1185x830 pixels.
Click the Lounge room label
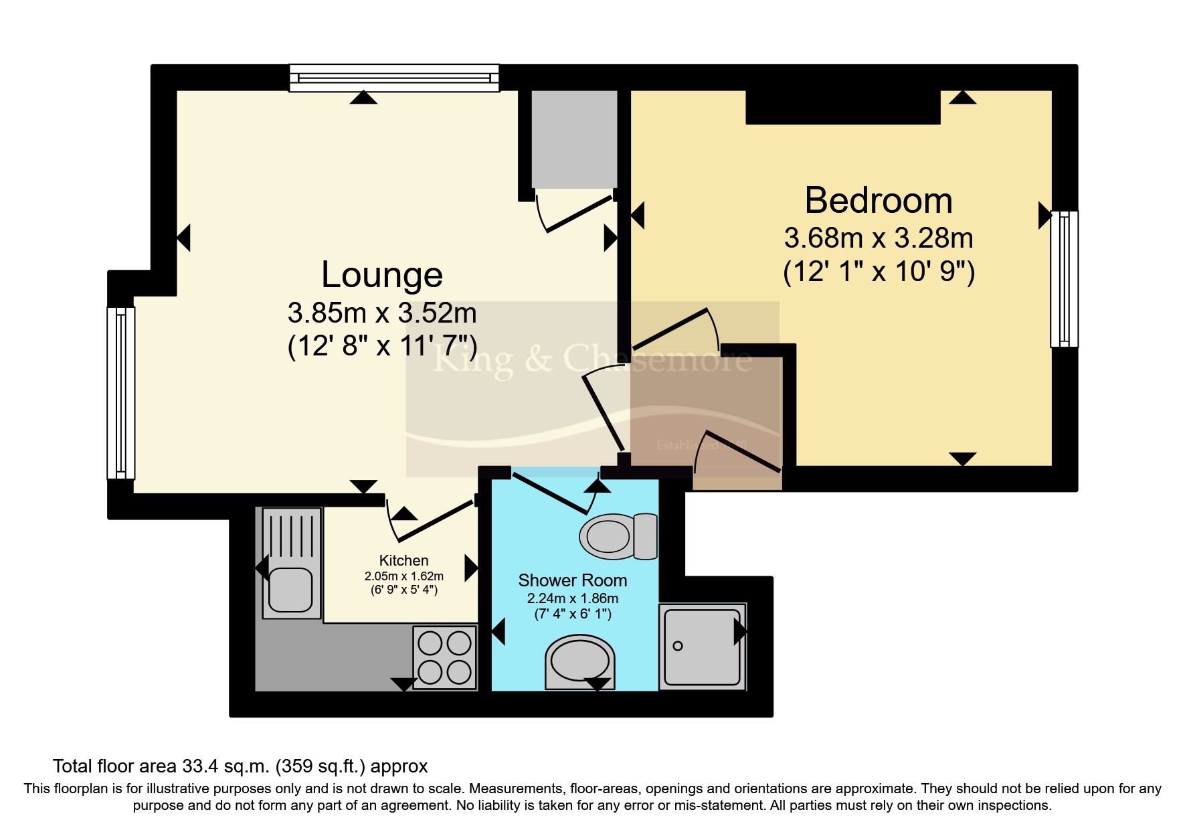381,275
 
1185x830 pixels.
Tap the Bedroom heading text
878,201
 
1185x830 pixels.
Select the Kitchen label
403,560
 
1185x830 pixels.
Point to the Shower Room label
572,580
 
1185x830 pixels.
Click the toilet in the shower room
618,536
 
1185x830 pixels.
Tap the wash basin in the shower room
579,661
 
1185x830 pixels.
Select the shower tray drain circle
678,646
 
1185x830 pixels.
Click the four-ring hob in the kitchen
444,657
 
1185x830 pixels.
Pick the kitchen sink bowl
290,590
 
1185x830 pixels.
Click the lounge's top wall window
394,78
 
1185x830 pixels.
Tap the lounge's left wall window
121,393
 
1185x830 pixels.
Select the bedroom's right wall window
1064,278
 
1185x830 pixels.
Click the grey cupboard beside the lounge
573,139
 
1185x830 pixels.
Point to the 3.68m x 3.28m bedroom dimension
878,238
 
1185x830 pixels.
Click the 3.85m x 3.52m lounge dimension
381,313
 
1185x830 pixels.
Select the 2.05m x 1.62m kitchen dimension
403,576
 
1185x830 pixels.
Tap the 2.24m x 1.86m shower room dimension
572,598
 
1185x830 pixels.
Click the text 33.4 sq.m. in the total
225,766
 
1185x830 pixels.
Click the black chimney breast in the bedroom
843,107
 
